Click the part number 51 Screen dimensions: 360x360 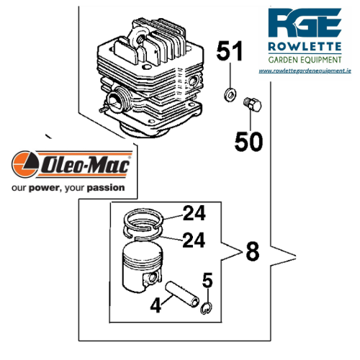tap(230, 51)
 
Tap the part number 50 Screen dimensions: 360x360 tap(248, 142)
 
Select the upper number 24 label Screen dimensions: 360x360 tap(194, 213)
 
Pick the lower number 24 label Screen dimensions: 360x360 tap(194, 240)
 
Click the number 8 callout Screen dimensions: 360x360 tap(253, 251)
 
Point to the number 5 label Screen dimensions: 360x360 tap(207, 280)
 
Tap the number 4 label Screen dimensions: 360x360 tap(156, 305)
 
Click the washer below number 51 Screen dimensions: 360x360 tap(230, 94)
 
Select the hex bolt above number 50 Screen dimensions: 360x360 tap(252, 104)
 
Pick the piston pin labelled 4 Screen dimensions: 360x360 tap(182, 294)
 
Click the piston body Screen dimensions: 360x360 tap(142, 267)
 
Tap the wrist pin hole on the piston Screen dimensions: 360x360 tap(152, 278)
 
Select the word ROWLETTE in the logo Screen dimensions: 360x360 tap(305, 47)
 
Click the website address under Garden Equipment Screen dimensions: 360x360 tap(305, 71)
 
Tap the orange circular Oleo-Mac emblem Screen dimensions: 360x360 tap(25, 164)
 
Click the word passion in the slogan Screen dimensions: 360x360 tap(106, 188)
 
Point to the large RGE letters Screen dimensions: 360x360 tap(305, 23)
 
